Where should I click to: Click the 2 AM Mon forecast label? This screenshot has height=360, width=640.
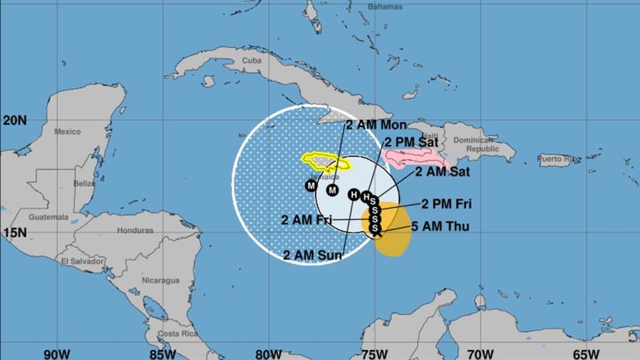click(376, 125)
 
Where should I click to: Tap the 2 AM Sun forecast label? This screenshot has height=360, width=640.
click(314, 254)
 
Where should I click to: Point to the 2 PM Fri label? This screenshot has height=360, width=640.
click(446, 204)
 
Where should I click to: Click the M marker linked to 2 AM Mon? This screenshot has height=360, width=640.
click(332, 190)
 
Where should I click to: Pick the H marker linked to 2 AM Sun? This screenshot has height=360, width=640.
click(353, 194)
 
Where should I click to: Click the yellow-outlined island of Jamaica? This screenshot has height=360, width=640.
click(325, 162)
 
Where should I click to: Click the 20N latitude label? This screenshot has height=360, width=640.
click(14, 120)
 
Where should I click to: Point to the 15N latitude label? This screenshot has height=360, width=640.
click(14, 232)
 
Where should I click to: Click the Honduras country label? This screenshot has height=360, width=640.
click(136, 231)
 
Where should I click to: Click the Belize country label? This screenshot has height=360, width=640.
click(84, 183)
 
